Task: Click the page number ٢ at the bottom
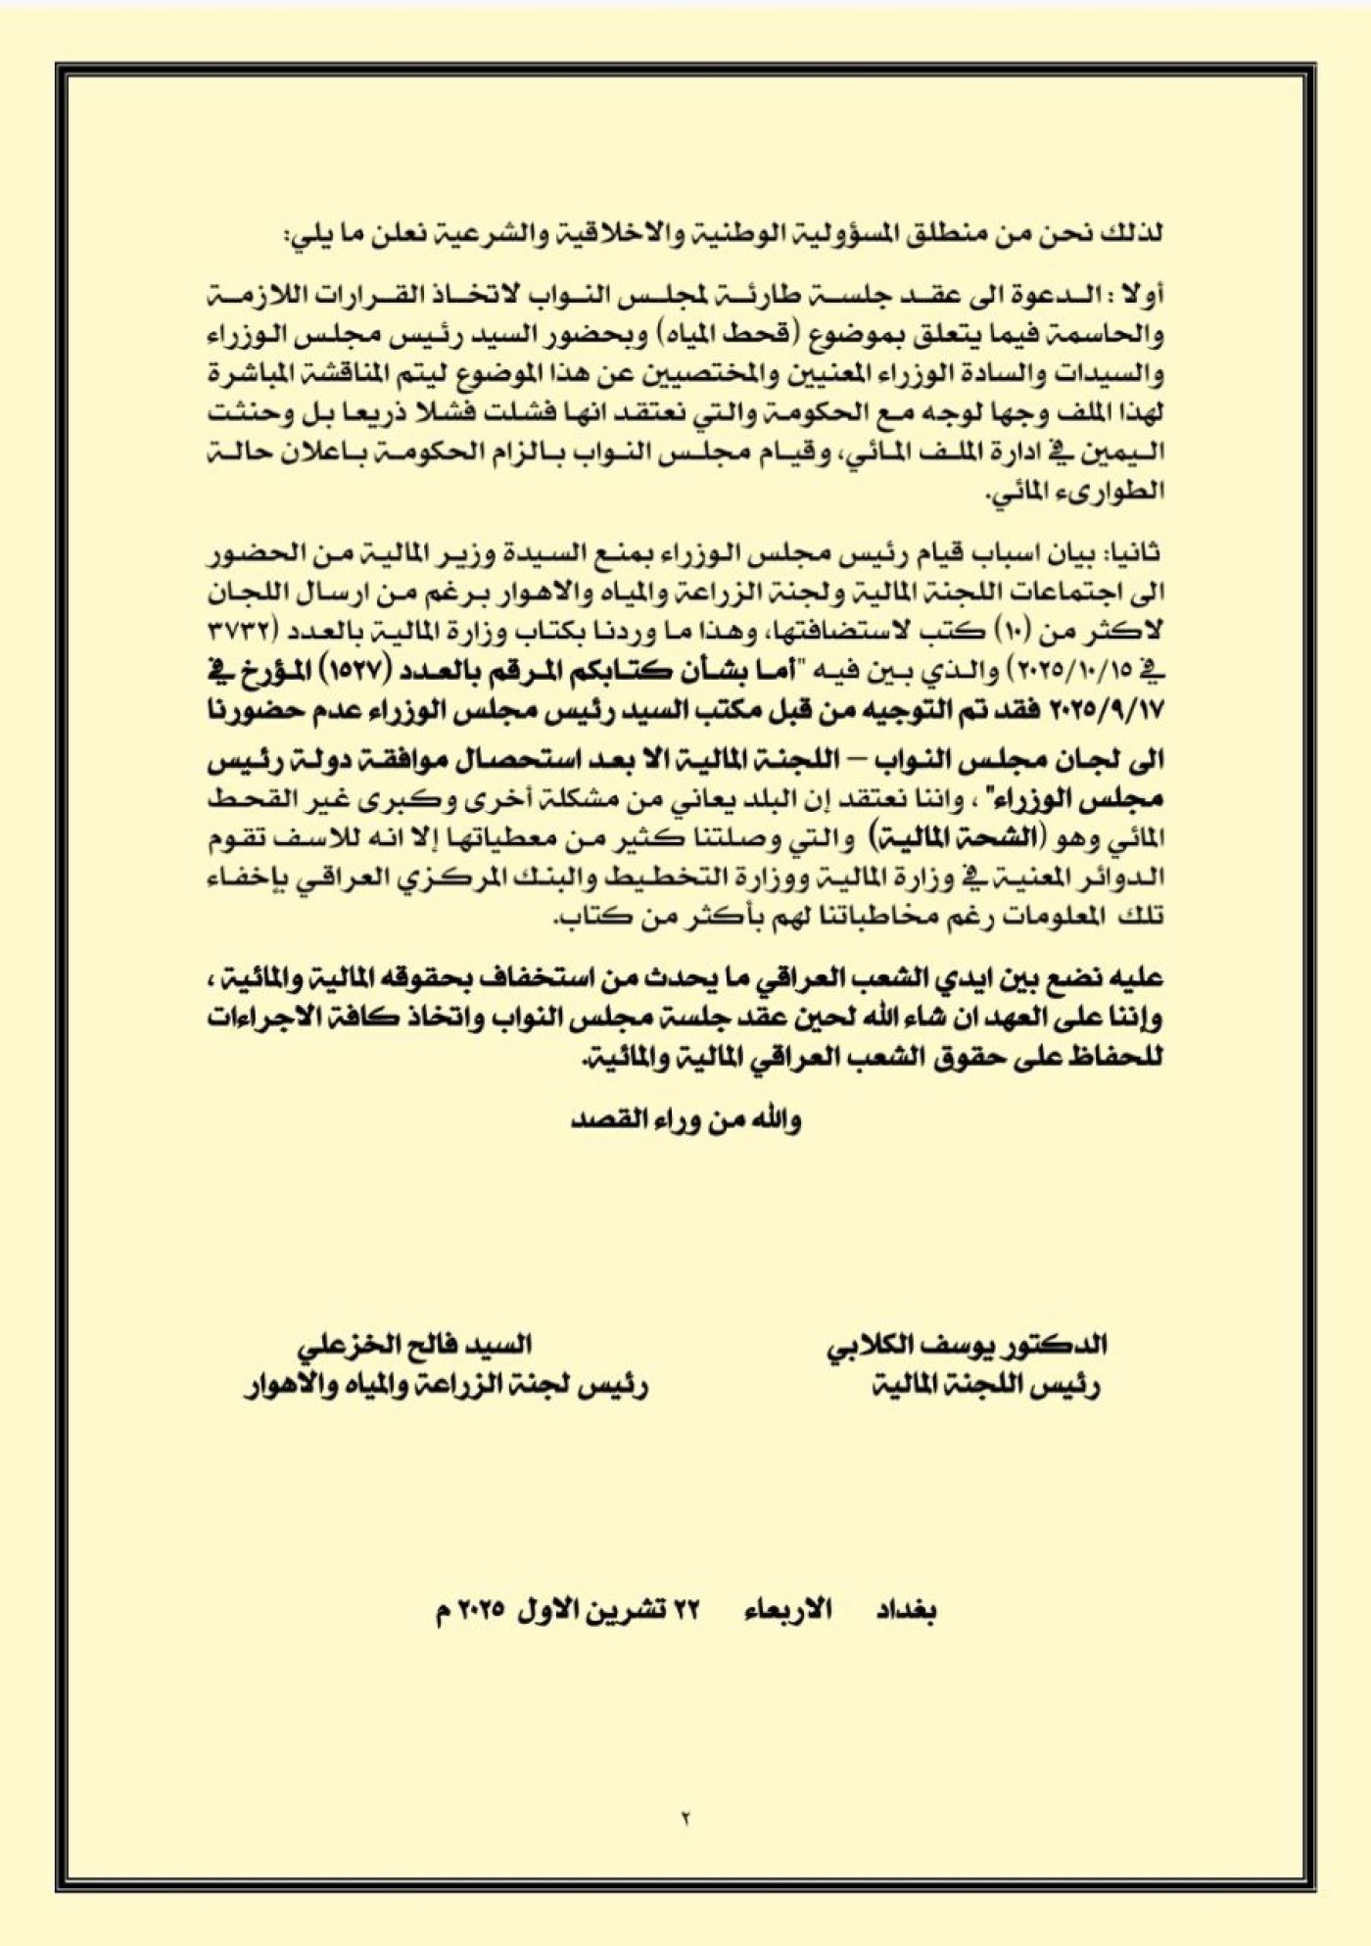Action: (x=685, y=1818)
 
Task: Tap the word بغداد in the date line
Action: (x=906, y=1611)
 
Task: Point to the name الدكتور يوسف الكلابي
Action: (x=967, y=1345)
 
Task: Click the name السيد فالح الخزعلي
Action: (x=414, y=1345)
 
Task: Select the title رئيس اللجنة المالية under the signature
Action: (x=985, y=1386)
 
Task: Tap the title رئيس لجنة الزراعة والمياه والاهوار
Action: (x=446, y=1386)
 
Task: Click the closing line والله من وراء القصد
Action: (x=685, y=1118)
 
